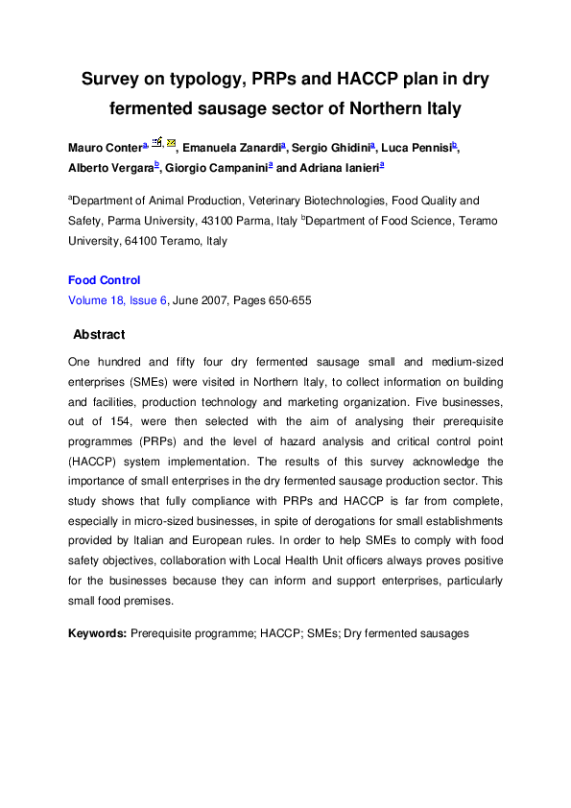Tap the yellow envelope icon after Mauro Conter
(172, 143)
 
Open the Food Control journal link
(104, 280)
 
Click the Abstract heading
(99, 335)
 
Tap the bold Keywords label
(97, 634)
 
